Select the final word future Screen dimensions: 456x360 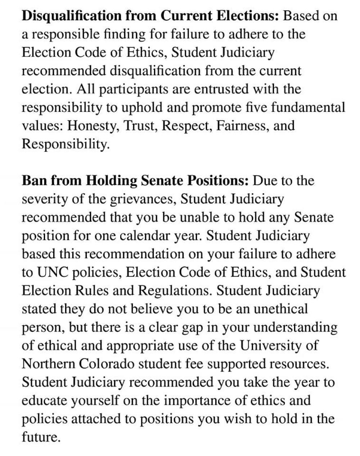[x=40, y=437]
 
